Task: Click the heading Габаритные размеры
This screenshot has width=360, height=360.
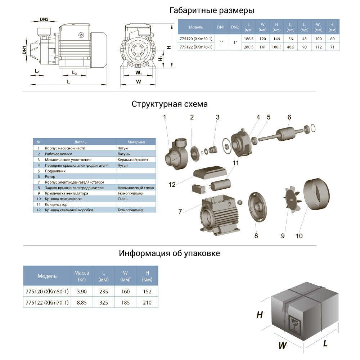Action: pos(212,10)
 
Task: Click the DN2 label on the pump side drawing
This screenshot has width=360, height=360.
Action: pos(44,19)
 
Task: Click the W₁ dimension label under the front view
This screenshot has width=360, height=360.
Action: pos(138,73)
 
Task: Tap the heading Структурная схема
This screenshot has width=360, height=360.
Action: pos(170,104)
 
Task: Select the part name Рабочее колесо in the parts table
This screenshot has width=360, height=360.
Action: pos(58,154)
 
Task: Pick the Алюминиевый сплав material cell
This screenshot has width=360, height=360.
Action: pos(135,188)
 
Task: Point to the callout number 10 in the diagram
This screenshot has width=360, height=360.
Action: pos(299,236)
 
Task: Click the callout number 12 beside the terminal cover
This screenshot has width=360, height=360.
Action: pos(172,185)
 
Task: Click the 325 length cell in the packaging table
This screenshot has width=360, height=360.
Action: pos(104,303)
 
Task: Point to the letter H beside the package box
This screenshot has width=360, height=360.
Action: pos(259,315)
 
